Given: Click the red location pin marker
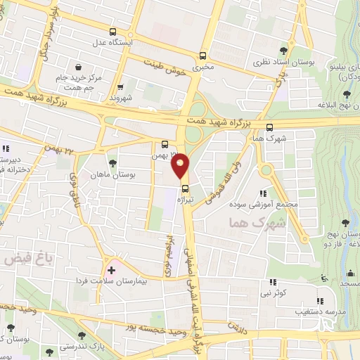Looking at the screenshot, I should point(181,165).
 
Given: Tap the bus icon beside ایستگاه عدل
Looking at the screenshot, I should point(113,32).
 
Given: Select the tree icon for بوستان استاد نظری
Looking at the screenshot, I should point(283,50).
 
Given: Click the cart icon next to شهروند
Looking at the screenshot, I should point(120,88).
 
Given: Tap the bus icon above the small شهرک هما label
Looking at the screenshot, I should point(271,127).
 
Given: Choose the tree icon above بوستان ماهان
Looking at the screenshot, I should point(112,162).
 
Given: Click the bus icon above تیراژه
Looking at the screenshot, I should point(186,188).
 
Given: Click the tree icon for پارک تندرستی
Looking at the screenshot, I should point(50,353).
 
